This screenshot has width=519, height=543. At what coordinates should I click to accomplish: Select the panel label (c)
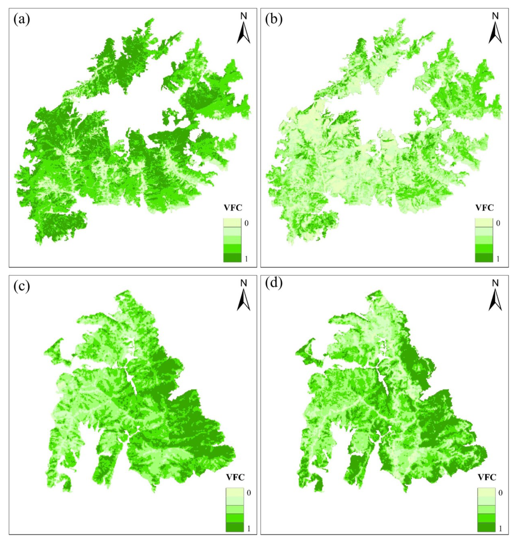tap(22, 287)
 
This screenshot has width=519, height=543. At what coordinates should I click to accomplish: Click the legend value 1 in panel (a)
tap(246, 258)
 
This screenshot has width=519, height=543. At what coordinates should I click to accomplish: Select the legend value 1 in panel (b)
tap(498, 258)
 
